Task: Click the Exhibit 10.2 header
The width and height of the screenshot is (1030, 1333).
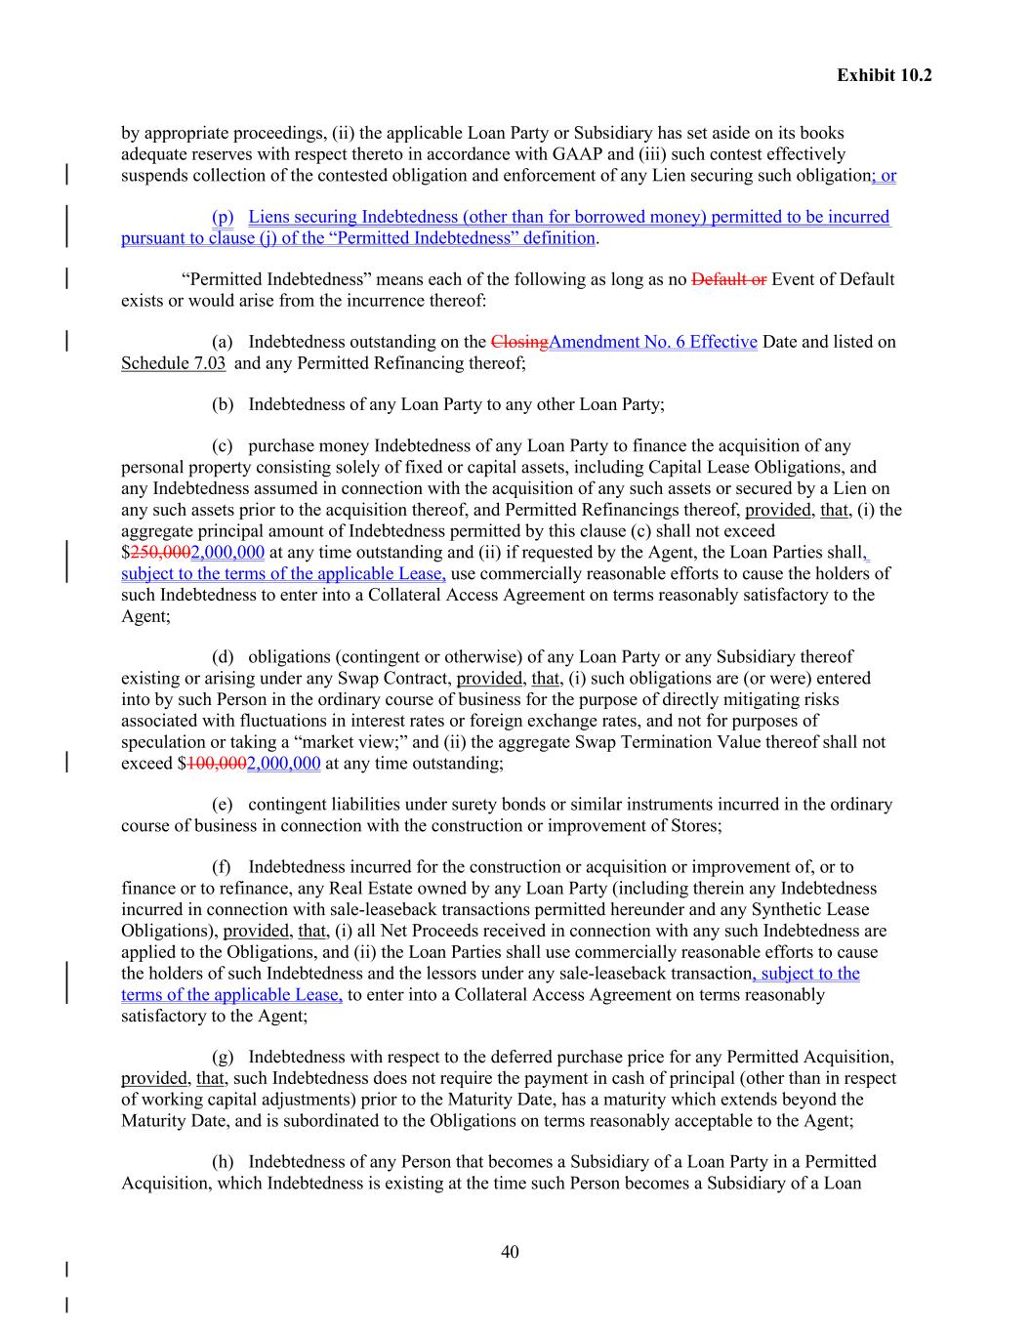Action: [884, 75]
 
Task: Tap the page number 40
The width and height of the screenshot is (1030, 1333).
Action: [510, 1252]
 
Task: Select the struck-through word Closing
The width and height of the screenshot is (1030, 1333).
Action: [519, 342]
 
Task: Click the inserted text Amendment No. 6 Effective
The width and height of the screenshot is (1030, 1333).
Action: [653, 342]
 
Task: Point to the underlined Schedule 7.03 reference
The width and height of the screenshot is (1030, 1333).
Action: [173, 363]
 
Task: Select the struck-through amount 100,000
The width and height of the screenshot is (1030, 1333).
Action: [217, 764]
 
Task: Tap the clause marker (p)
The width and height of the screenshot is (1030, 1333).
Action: [223, 217]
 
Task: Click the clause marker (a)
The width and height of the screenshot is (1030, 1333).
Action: [223, 342]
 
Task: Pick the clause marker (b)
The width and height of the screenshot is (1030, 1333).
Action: [223, 404]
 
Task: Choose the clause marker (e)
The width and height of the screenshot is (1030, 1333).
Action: [223, 805]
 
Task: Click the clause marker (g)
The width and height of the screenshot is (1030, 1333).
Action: [223, 1058]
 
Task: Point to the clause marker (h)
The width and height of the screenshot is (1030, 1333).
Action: [223, 1162]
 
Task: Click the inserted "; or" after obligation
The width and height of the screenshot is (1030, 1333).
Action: [884, 176]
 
